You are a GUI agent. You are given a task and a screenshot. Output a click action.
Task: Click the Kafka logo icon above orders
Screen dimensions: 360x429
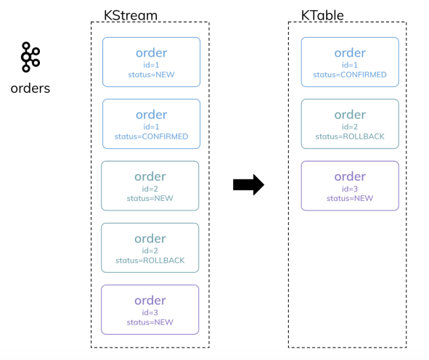(x=30, y=57)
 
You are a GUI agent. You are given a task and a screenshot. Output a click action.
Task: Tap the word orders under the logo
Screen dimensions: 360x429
(x=30, y=89)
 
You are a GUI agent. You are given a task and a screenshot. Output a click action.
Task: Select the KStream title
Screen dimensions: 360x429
(x=131, y=15)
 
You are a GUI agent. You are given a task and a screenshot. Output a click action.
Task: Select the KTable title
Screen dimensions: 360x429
(x=322, y=15)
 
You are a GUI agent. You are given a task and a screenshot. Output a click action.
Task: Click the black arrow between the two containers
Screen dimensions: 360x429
(x=248, y=185)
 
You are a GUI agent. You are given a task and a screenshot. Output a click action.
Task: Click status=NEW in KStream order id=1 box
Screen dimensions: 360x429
(x=151, y=75)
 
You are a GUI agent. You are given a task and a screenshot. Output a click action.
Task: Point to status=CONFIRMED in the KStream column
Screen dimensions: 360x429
(x=151, y=136)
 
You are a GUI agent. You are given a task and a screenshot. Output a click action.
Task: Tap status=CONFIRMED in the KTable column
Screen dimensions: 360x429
(x=350, y=75)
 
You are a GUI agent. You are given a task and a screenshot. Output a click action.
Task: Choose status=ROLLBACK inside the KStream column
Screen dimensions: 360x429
(x=150, y=261)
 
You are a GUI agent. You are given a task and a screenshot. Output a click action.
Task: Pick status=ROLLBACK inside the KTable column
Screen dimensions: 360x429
(x=350, y=136)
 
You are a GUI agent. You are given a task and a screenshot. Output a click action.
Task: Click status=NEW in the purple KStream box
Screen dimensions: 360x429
(x=150, y=322)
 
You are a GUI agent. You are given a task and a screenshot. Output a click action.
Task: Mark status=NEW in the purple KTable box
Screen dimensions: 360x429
(x=350, y=198)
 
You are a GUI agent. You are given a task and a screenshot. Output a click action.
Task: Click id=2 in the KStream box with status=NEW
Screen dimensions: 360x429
(x=150, y=189)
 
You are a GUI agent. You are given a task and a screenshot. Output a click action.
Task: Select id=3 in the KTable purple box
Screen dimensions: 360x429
(x=350, y=189)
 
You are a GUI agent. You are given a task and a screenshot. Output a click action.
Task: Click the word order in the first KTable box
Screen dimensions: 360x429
(x=350, y=52)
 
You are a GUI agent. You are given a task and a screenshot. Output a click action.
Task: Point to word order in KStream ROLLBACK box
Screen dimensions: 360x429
(x=150, y=239)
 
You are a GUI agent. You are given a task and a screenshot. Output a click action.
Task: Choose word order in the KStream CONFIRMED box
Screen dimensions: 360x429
(x=151, y=115)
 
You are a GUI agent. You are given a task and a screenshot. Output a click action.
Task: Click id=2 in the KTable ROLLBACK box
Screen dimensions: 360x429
(x=350, y=127)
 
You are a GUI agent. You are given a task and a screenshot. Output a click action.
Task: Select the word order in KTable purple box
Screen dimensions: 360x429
(x=350, y=176)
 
